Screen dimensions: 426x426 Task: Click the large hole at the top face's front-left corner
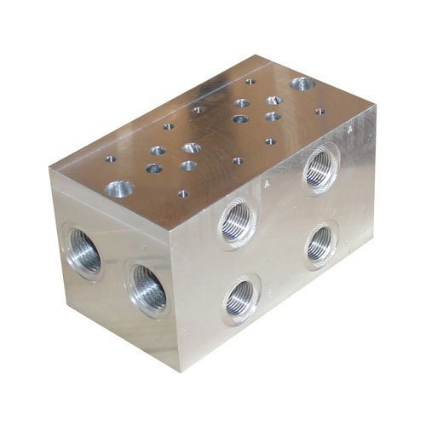tap(119, 188)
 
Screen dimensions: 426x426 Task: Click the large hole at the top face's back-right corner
tap(301, 84)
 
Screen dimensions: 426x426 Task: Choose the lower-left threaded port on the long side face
tap(241, 298)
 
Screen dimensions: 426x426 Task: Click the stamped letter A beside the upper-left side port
tap(267, 183)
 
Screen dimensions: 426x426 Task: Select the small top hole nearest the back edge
tap(250, 82)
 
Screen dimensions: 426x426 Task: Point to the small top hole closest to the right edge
tap(319, 111)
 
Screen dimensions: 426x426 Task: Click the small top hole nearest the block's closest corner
tap(182, 193)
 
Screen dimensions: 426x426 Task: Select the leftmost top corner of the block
tap(49, 170)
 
